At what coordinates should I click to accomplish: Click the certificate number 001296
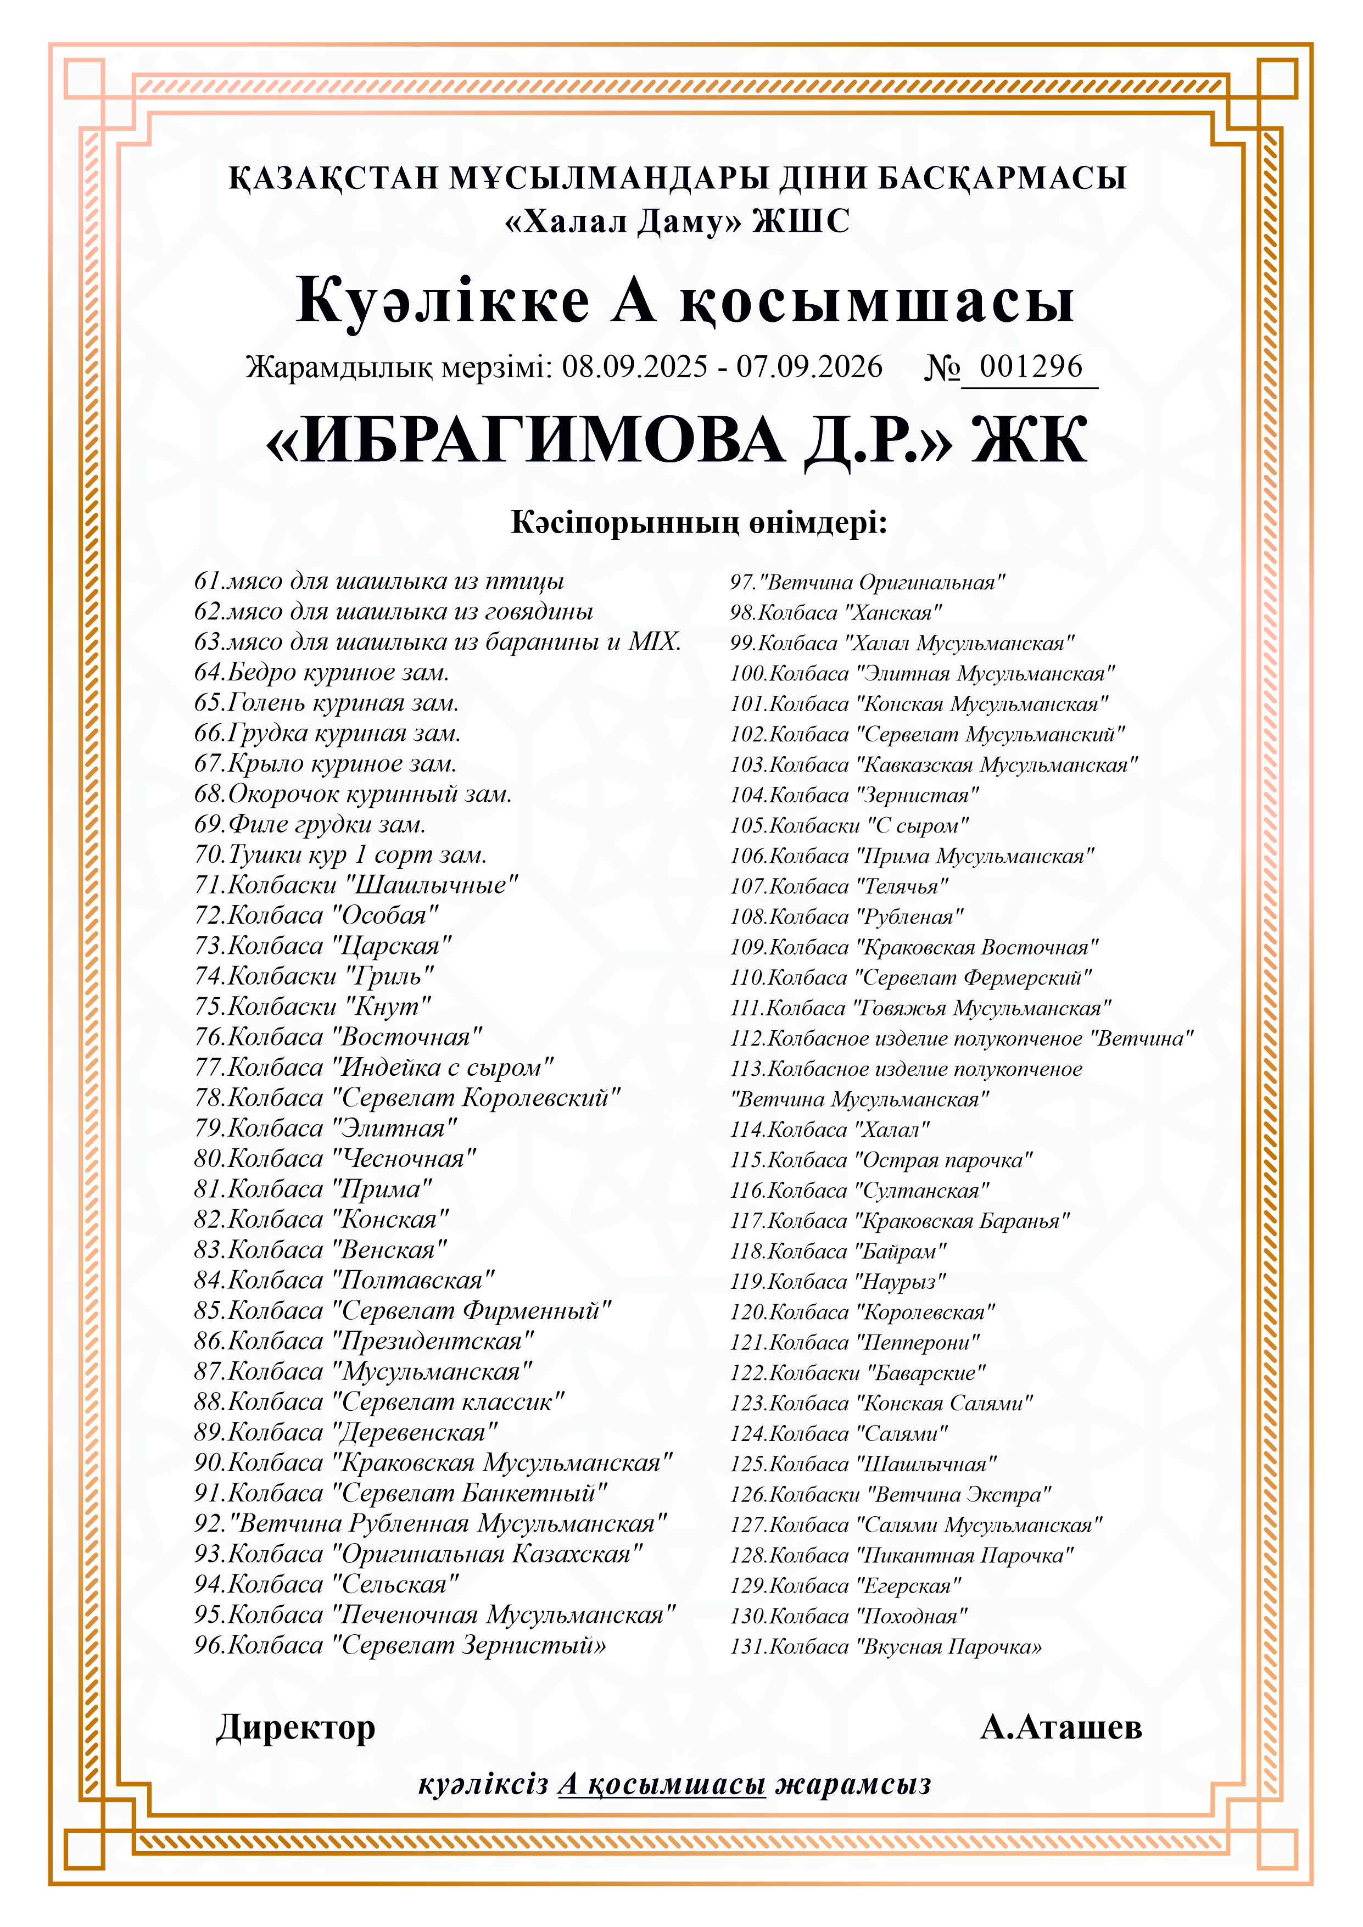click(x=1031, y=367)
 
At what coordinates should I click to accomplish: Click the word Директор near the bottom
click(x=295, y=1727)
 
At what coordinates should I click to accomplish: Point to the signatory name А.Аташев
click(x=1061, y=1727)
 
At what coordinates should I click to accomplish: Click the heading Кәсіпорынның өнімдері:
click(x=699, y=523)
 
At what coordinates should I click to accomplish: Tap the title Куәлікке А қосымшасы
click(x=685, y=300)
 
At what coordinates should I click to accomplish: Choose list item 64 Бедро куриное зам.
click(x=321, y=672)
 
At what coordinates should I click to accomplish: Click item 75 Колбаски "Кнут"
click(x=313, y=1006)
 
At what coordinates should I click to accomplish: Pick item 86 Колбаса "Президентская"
click(x=364, y=1340)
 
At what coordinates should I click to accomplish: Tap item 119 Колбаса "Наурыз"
click(x=837, y=1282)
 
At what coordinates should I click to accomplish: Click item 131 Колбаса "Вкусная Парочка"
click(x=885, y=1647)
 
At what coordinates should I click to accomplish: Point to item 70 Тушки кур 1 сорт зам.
click(x=340, y=854)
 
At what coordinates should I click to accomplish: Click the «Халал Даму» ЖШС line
click(x=677, y=221)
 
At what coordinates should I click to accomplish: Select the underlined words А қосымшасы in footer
click(x=661, y=1784)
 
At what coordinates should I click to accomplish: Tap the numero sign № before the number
click(x=942, y=367)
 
